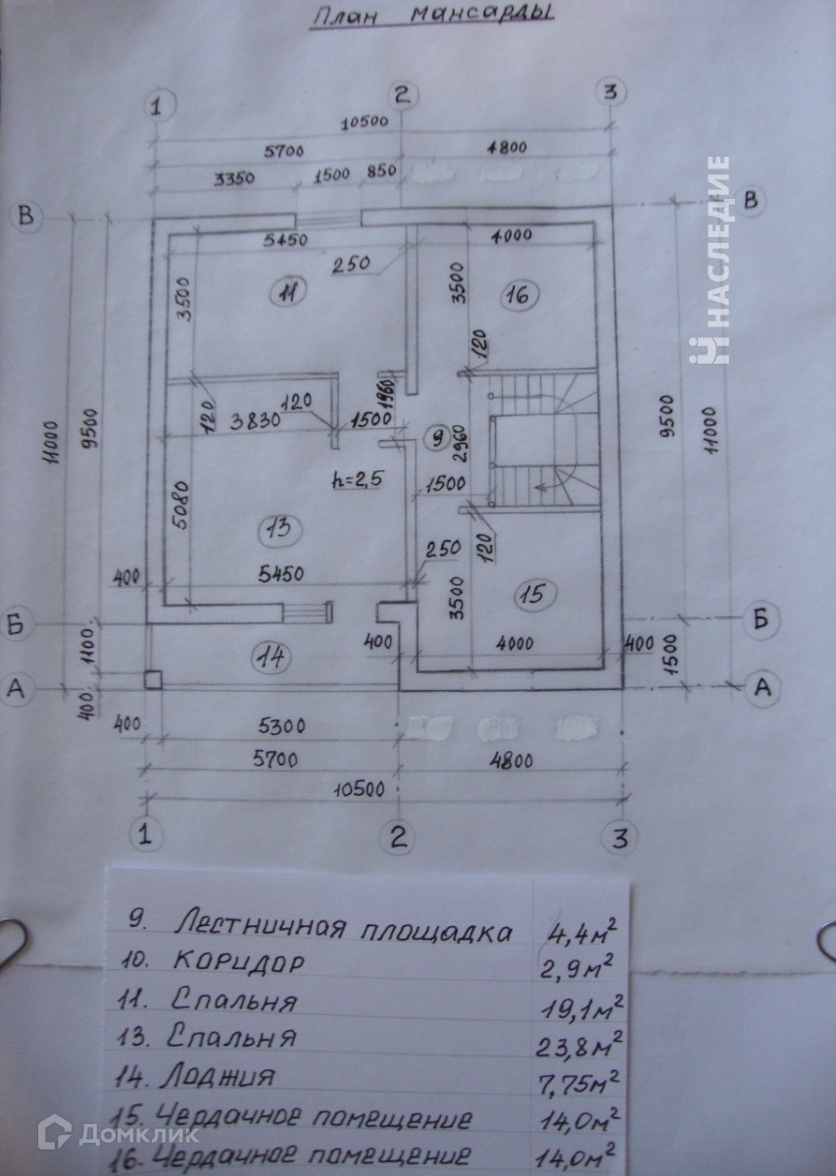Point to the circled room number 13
tap(275, 530)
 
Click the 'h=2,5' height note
tap(359, 482)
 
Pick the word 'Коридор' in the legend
tap(239, 962)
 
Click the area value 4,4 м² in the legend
tap(585, 928)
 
